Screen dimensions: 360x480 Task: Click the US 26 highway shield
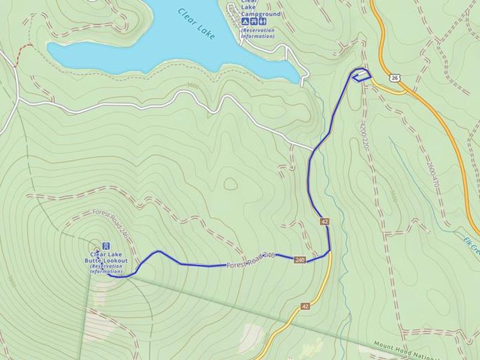(x=394, y=77)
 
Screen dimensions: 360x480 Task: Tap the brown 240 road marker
(x=301, y=260)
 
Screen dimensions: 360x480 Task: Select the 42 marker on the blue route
(x=325, y=221)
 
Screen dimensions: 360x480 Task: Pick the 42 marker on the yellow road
(x=305, y=306)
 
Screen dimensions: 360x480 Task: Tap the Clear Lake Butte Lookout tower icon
(x=106, y=246)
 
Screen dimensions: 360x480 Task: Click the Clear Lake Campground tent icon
(x=245, y=21)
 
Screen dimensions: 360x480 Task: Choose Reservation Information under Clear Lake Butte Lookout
(x=106, y=269)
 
